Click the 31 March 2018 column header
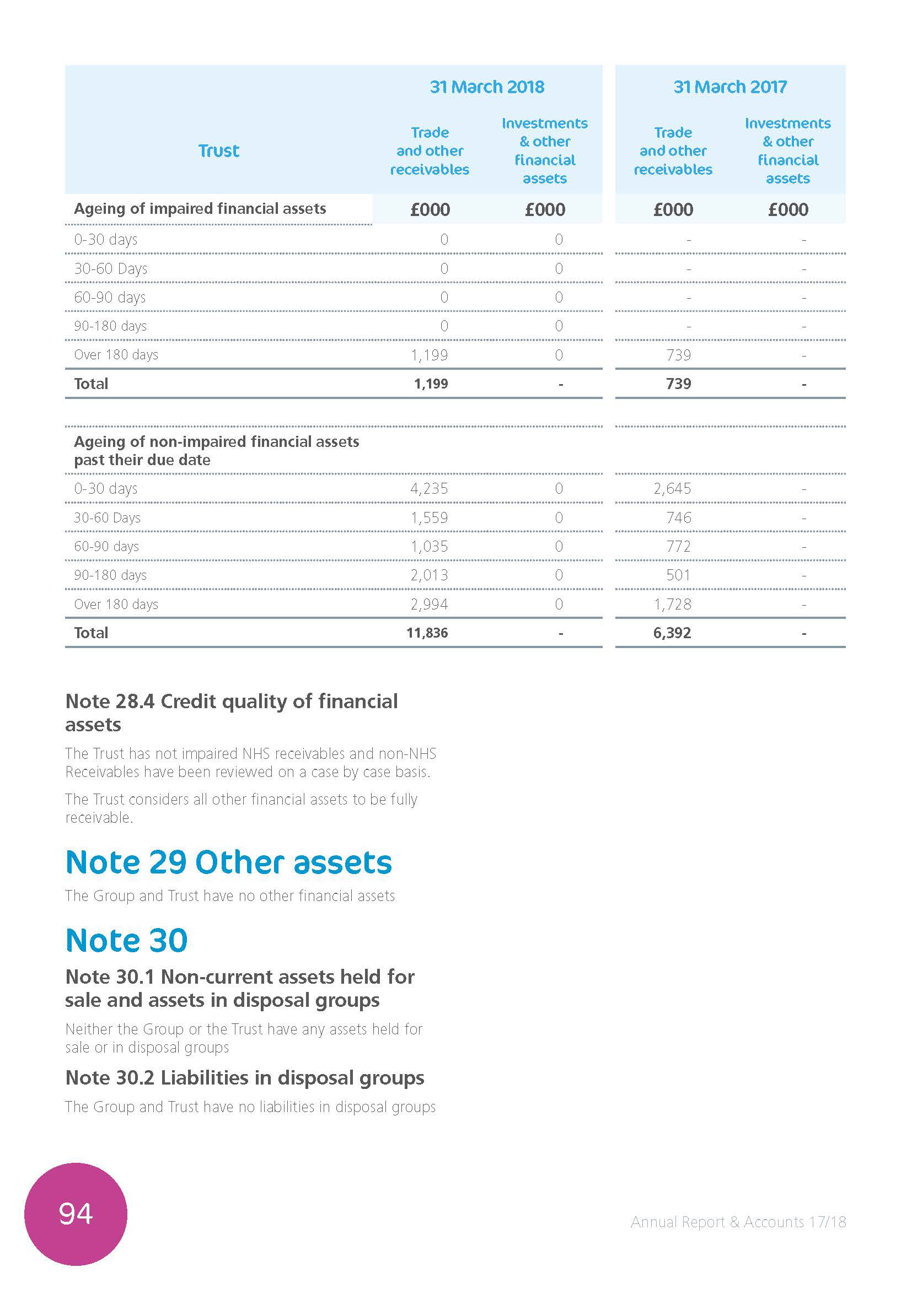(x=487, y=87)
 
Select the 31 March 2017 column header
(x=730, y=87)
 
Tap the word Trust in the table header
(x=218, y=150)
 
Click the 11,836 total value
(x=427, y=633)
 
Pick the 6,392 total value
(x=672, y=633)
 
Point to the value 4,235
(x=429, y=488)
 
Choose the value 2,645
(x=672, y=488)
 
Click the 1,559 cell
(x=429, y=517)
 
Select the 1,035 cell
(x=429, y=546)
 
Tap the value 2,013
(x=429, y=575)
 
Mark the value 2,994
(x=429, y=604)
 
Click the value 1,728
(x=672, y=604)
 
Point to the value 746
(x=678, y=517)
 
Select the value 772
(x=678, y=546)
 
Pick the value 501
(x=678, y=575)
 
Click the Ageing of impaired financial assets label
(x=200, y=209)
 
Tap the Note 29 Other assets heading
(x=229, y=862)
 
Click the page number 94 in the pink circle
(x=75, y=1214)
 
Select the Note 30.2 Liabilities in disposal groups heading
(x=244, y=1078)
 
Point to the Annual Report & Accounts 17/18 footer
(x=738, y=1222)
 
